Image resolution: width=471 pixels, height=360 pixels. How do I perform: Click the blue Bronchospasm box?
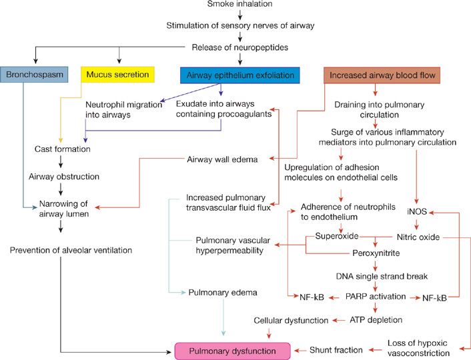[x=34, y=75]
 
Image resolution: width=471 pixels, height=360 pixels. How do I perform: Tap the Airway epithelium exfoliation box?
[x=240, y=75]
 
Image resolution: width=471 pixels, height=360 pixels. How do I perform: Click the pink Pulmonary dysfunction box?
[x=232, y=350]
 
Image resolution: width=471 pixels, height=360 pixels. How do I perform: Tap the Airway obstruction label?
[x=64, y=177]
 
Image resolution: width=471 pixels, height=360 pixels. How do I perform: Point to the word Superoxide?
[x=337, y=236]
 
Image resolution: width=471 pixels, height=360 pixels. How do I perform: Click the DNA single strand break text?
[x=377, y=275]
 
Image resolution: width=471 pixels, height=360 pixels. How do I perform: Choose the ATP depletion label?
[x=376, y=320]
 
